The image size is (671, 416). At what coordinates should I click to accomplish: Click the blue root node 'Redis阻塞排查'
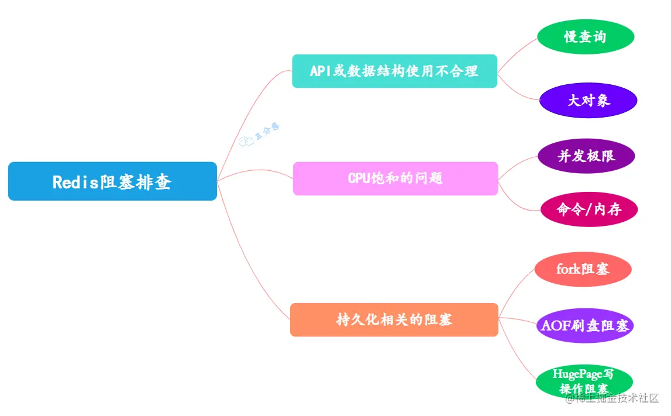(112, 181)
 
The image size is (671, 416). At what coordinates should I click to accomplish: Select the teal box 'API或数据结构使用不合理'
(394, 71)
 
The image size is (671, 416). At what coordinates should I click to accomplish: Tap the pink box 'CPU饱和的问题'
(395, 178)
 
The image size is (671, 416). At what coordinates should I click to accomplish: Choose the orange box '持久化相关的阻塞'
(394, 319)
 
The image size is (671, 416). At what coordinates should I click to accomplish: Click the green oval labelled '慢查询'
(586, 37)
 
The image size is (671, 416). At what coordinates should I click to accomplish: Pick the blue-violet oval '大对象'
(588, 100)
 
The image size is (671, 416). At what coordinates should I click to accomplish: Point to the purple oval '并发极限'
(586, 156)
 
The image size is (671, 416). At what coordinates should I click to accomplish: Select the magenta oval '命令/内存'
(589, 209)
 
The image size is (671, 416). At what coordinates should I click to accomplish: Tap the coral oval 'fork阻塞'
(583, 269)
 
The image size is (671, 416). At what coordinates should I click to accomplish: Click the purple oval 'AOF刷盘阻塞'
(585, 325)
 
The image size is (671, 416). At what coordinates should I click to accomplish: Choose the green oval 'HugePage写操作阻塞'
(584, 381)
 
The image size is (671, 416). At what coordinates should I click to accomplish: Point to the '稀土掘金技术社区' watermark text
(611, 398)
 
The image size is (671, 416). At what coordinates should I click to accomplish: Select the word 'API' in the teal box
(320, 71)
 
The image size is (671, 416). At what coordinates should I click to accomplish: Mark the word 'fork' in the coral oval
(567, 269)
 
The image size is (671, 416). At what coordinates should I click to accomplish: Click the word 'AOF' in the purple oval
(556, 325)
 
